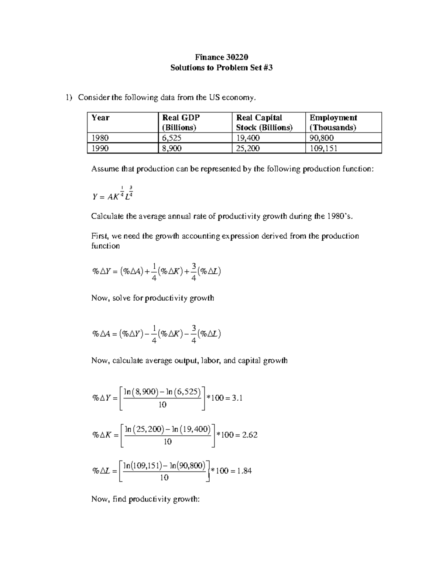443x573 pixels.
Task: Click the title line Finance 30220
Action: coord(221,57)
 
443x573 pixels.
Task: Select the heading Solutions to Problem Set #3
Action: coord(221,68)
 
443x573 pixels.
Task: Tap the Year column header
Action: coord(100,118)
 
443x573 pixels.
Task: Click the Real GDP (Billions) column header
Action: coord(181,122)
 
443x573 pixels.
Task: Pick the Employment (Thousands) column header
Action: coord(333,122)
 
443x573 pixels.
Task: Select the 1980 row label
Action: coord(100,138)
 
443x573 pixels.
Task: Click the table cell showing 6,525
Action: coord(172,138)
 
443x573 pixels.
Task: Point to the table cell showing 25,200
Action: coord(248,148)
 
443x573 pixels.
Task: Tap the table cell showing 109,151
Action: coord(323,148)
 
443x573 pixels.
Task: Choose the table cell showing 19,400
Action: coord(248,138)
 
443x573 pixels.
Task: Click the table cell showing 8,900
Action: coord(172,148)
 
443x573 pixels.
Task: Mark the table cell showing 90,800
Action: coord(322,138)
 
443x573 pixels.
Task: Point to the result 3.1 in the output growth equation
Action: coord(237,398)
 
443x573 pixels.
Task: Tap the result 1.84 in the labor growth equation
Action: coord(244,471)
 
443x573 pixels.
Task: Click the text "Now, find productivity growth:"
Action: coord(145,499)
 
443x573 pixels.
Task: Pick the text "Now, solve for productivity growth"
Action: coord(152,298)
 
